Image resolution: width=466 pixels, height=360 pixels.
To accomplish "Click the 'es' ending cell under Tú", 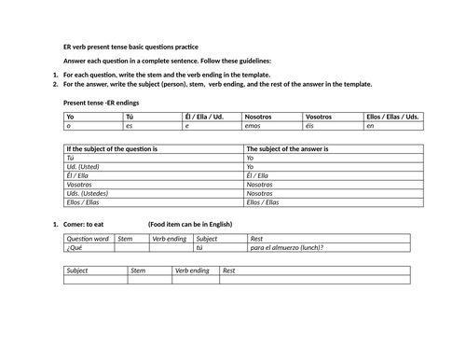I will point(130,126).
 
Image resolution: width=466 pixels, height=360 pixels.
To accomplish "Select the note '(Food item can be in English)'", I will point(190,225).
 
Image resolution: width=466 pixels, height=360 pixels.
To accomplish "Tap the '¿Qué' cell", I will point(75,248).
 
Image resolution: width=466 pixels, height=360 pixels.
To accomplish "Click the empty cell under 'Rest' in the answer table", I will point(314,279).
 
